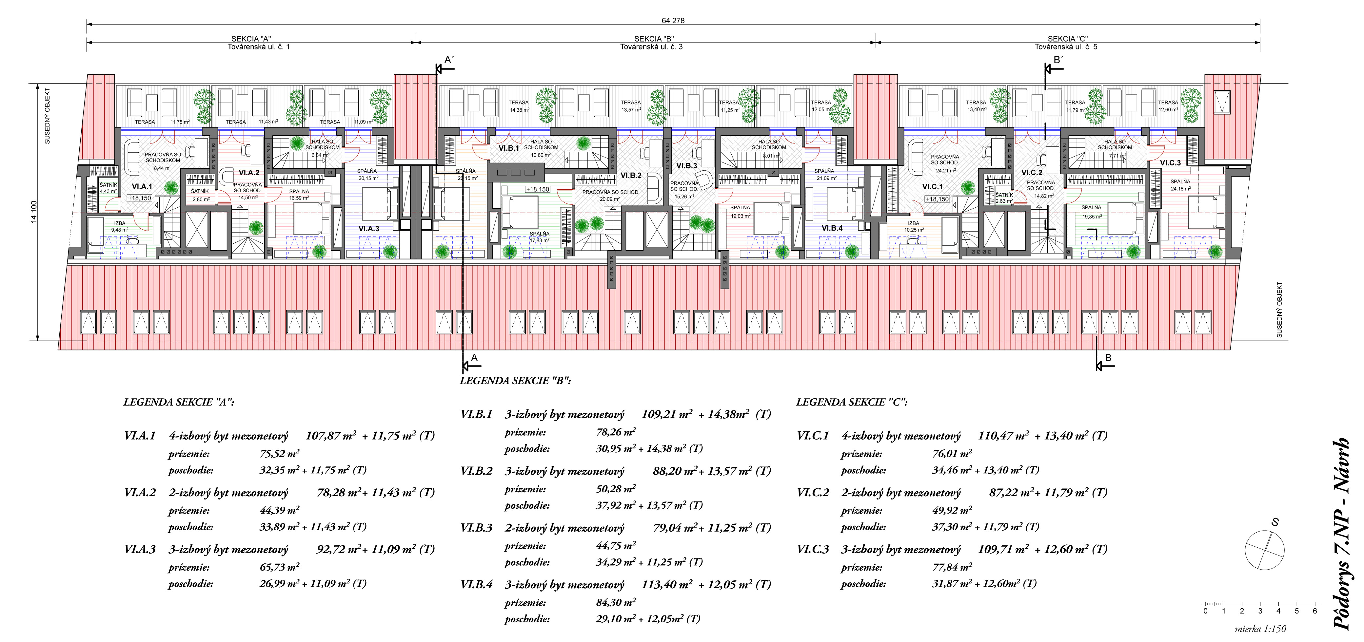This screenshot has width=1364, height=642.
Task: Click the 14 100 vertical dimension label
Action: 34,212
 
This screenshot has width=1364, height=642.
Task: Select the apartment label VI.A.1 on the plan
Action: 142,186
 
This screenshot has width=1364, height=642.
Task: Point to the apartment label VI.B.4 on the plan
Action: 832,228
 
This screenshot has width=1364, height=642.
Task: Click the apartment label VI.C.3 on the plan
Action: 1170,163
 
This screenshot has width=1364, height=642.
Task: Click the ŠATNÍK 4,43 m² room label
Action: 108,188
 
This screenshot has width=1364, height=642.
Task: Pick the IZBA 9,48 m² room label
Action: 120,227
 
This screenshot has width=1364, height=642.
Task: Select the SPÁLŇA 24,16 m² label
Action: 1180,185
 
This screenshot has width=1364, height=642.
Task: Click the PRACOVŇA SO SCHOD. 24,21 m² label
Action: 945,163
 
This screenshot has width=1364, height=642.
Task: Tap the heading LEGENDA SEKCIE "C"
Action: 851,402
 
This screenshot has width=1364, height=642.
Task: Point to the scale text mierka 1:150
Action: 1260,629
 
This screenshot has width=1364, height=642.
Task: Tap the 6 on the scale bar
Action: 1315,611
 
